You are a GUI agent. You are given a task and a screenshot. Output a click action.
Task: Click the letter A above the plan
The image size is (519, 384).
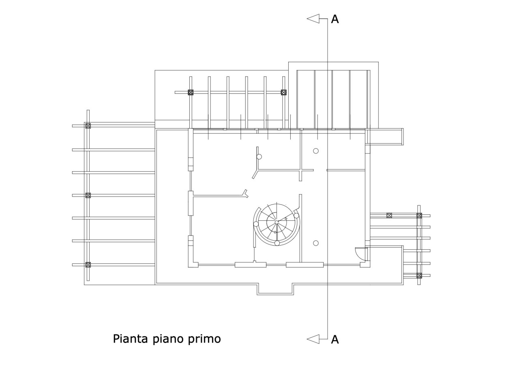click(x=335, y=19)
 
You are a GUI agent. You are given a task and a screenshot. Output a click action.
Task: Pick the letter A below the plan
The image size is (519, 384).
click(x=335, y=340)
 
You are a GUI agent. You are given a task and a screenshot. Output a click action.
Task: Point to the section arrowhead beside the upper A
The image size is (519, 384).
click(x=313, y=19)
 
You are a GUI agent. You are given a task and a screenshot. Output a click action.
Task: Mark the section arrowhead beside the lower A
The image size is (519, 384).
click(x=313, y=339)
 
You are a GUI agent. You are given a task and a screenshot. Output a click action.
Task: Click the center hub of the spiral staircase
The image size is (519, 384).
click(x=277, y=222)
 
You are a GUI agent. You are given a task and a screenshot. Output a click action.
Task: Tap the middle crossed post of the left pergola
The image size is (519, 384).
click(x=88, y=195)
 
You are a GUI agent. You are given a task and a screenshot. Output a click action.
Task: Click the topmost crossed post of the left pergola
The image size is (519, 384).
click(x=88, y=126)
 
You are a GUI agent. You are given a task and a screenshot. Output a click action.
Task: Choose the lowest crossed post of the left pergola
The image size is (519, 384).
click(x=88, y=265)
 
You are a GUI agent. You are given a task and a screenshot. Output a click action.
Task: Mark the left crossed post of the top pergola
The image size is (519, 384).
click(x=191, y=93)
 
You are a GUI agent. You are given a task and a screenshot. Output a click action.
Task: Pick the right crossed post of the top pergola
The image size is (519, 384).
click(x=283, y=93)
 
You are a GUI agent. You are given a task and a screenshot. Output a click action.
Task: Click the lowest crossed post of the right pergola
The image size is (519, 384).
click(x=419, y=276)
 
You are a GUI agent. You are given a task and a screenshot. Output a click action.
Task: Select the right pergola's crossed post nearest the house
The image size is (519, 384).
click(x=389, y=216)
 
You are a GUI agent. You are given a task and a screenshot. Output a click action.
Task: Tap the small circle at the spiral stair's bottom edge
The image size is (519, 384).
click(x=277, y=243)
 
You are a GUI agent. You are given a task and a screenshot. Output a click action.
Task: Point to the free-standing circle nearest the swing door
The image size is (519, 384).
click(x=316, y=243)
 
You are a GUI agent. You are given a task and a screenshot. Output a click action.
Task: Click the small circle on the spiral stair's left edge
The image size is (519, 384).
click(x=256, y=224)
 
